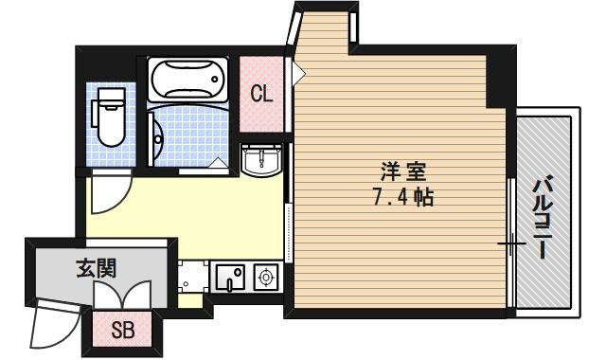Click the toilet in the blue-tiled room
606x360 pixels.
click(108, 122)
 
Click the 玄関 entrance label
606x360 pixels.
click(97, 268)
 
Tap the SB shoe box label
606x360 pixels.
click(123, 331)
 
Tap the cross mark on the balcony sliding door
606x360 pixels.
click(510, 244)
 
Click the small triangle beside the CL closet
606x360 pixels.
click(298, 72)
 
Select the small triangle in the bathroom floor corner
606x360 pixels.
click(219, 163)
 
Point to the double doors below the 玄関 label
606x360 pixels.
click(124, 295)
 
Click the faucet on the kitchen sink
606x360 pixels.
click(237, 275)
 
